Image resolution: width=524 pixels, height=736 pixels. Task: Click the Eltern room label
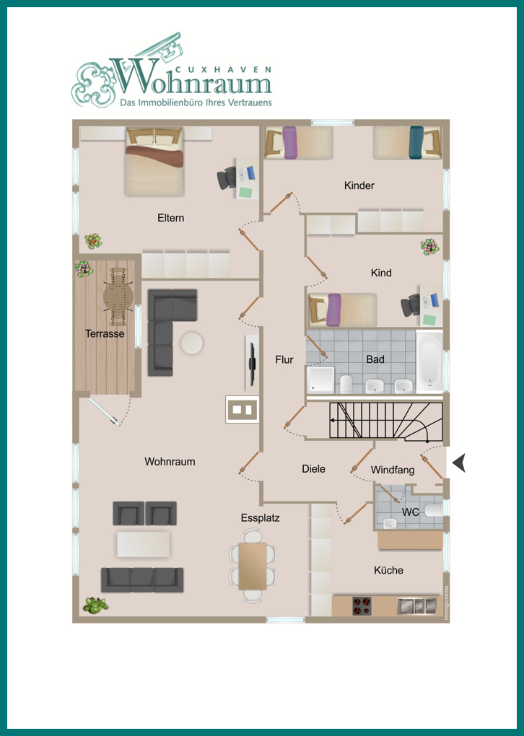(x=170, y=218)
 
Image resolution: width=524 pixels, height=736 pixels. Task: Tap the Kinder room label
(x=359, y=185)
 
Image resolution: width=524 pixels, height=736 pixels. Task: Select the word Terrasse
(x=105, y=334)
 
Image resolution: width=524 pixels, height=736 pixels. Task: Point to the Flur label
(x=284, y=359)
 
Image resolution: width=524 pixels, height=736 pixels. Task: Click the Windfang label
(x=393, y=470)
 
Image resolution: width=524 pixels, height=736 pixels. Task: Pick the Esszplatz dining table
(x=253, y=566)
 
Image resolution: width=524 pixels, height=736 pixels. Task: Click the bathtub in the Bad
(x=429, y=362)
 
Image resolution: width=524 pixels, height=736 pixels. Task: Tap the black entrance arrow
(x=459, y=463)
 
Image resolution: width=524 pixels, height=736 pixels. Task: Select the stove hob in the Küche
(x=362, y=606)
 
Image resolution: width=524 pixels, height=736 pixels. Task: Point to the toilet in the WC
(x=433, y=511)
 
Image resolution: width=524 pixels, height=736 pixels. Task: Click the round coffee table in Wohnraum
(x=192, y=343)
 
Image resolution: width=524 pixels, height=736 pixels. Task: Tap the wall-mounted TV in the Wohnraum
(x=253, y=363)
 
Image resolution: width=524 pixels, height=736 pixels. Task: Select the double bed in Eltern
(x=154, y=162)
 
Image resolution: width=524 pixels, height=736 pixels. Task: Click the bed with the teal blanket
(x=408, y=143)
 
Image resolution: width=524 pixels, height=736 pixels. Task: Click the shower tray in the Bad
(x=320, y=380)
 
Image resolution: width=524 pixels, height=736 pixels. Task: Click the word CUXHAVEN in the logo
(x=223, y=69)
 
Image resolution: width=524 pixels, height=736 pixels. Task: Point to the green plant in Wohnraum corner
(x=95, y=605)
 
